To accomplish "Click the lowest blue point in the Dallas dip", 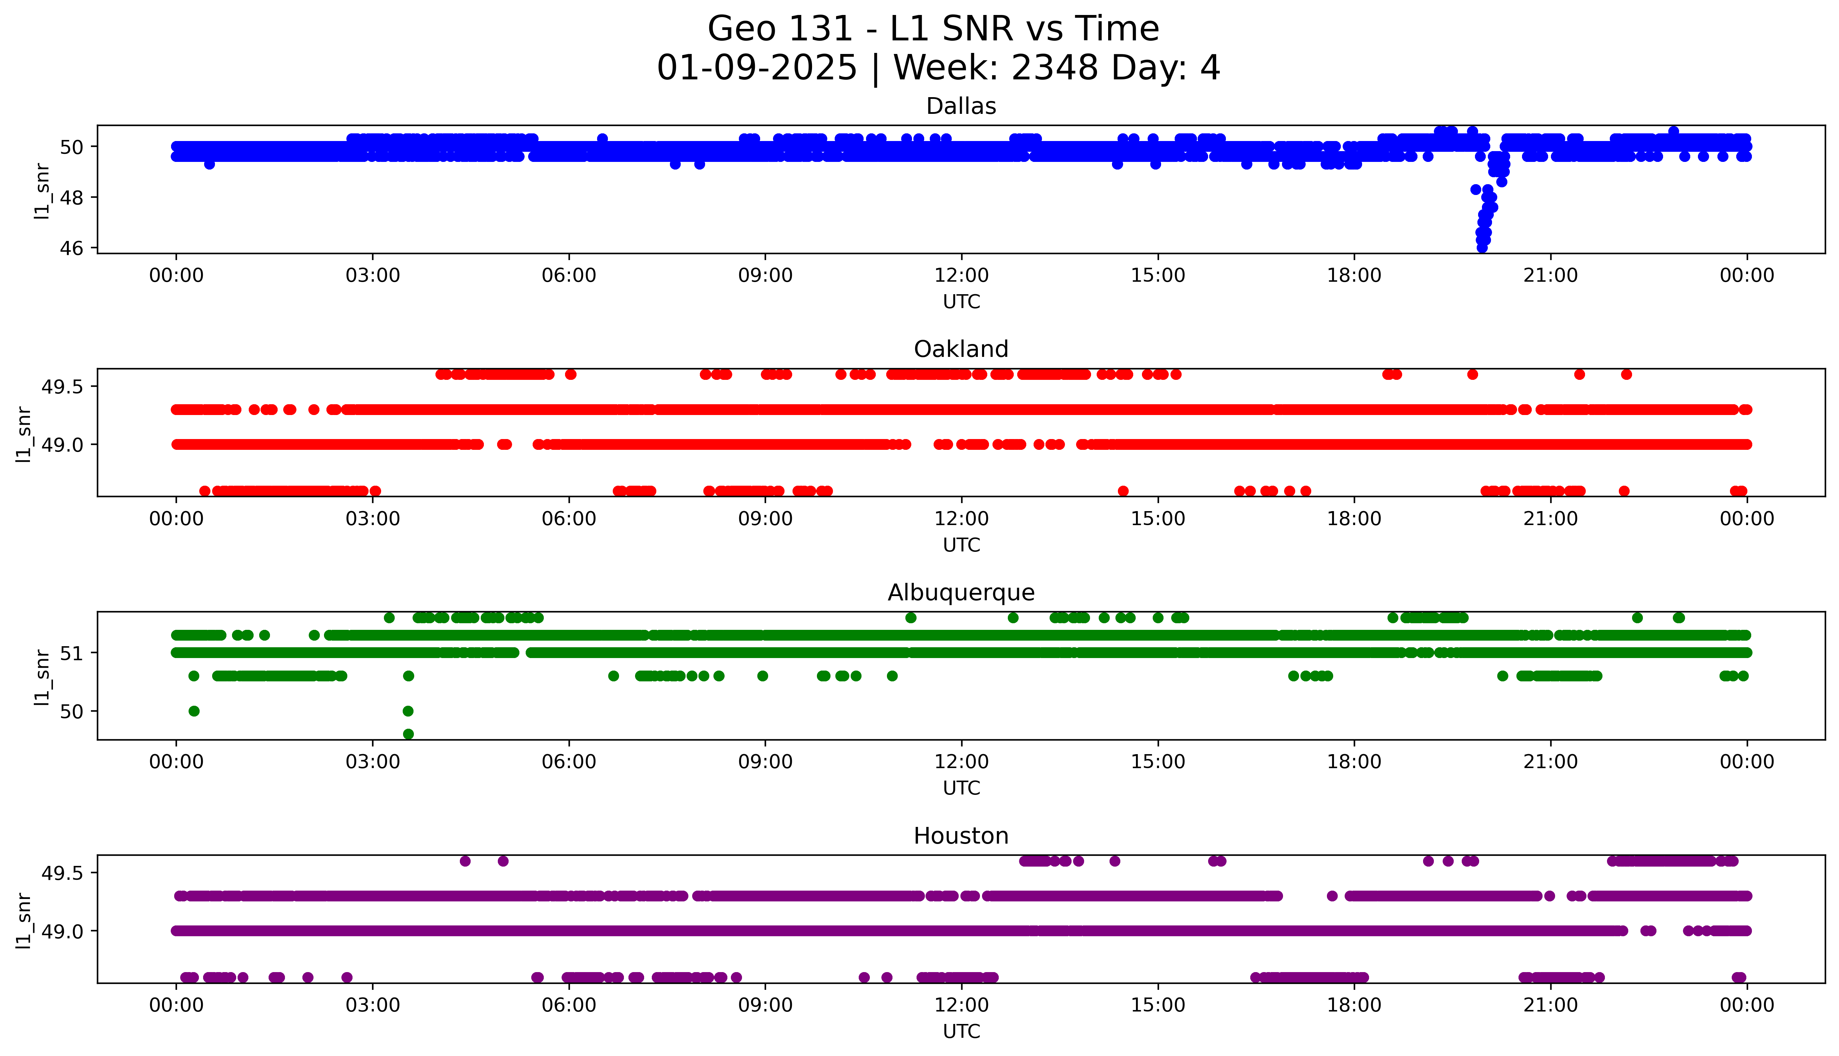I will pyautogui.click(x=1482, y=247).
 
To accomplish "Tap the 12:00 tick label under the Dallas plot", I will pyautogui.click(x=961, y=276).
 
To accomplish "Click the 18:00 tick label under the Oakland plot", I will pyautogui.click(x=1354, y=518).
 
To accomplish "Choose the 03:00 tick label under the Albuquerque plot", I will pyautogui.click(x=373, y=762).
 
